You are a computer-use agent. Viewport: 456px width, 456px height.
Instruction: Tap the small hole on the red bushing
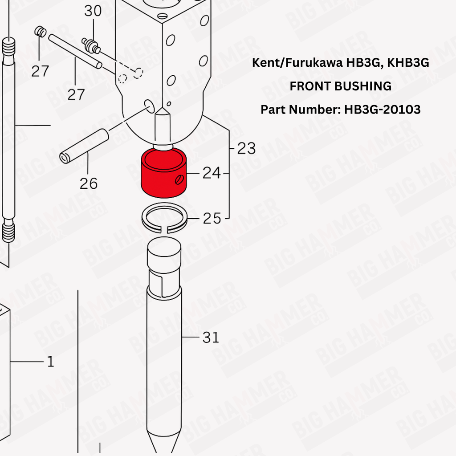179,179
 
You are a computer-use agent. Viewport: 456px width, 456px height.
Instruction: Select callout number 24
212,173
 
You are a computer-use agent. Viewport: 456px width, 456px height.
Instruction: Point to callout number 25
212,218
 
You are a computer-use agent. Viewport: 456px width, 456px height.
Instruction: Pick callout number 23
246,148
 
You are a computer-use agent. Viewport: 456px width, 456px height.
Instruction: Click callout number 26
89,183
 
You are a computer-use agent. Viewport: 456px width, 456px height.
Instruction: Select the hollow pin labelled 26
84,146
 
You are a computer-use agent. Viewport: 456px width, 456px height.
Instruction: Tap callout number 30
93,11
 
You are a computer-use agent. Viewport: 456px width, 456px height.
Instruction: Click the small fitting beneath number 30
91,46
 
